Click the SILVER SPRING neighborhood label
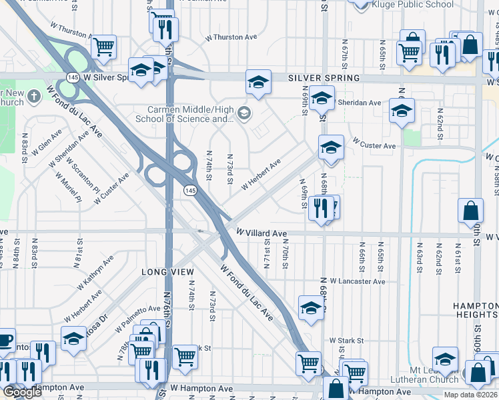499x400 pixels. point(324,78)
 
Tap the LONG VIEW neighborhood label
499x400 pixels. point(167,272)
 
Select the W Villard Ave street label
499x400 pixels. point(262,233)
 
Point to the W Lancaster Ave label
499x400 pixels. point(357,282)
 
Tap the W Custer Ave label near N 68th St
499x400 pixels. point(374,145)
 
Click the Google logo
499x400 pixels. point(22,392)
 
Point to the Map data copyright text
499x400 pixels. point(471,395)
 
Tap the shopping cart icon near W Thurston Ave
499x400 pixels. point(103,46)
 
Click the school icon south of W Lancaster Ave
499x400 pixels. point(311,307)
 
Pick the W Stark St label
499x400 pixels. point(345,341)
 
